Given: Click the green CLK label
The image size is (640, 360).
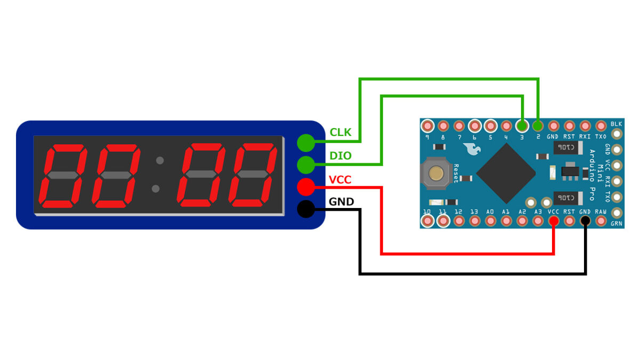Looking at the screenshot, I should pos(340,132).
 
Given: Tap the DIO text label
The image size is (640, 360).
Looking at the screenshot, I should pos(340,156).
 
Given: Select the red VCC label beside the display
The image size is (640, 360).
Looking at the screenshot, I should pos(340,180).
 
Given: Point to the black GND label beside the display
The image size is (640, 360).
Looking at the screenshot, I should pos(341,202).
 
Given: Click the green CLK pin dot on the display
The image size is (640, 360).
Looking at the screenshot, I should pos(306,142).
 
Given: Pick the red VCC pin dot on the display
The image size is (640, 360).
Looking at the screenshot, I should pos(306,187).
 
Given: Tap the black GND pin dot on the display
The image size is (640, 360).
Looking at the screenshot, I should pos(306,210).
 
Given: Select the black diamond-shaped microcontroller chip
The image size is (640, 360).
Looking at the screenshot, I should pos(506,172).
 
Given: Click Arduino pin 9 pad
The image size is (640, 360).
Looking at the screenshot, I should pos(427,126).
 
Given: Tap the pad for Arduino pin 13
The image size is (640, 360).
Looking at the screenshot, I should pos(474,220).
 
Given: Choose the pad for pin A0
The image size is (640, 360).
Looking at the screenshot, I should pos(490,220).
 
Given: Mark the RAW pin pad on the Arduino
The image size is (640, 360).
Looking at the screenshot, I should pos(601,220).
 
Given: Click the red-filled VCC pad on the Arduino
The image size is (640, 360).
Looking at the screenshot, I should pos(553,220).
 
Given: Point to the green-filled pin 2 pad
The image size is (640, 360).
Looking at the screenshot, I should pos(538,126).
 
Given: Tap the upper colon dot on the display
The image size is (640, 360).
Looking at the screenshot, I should pos(158,159).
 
